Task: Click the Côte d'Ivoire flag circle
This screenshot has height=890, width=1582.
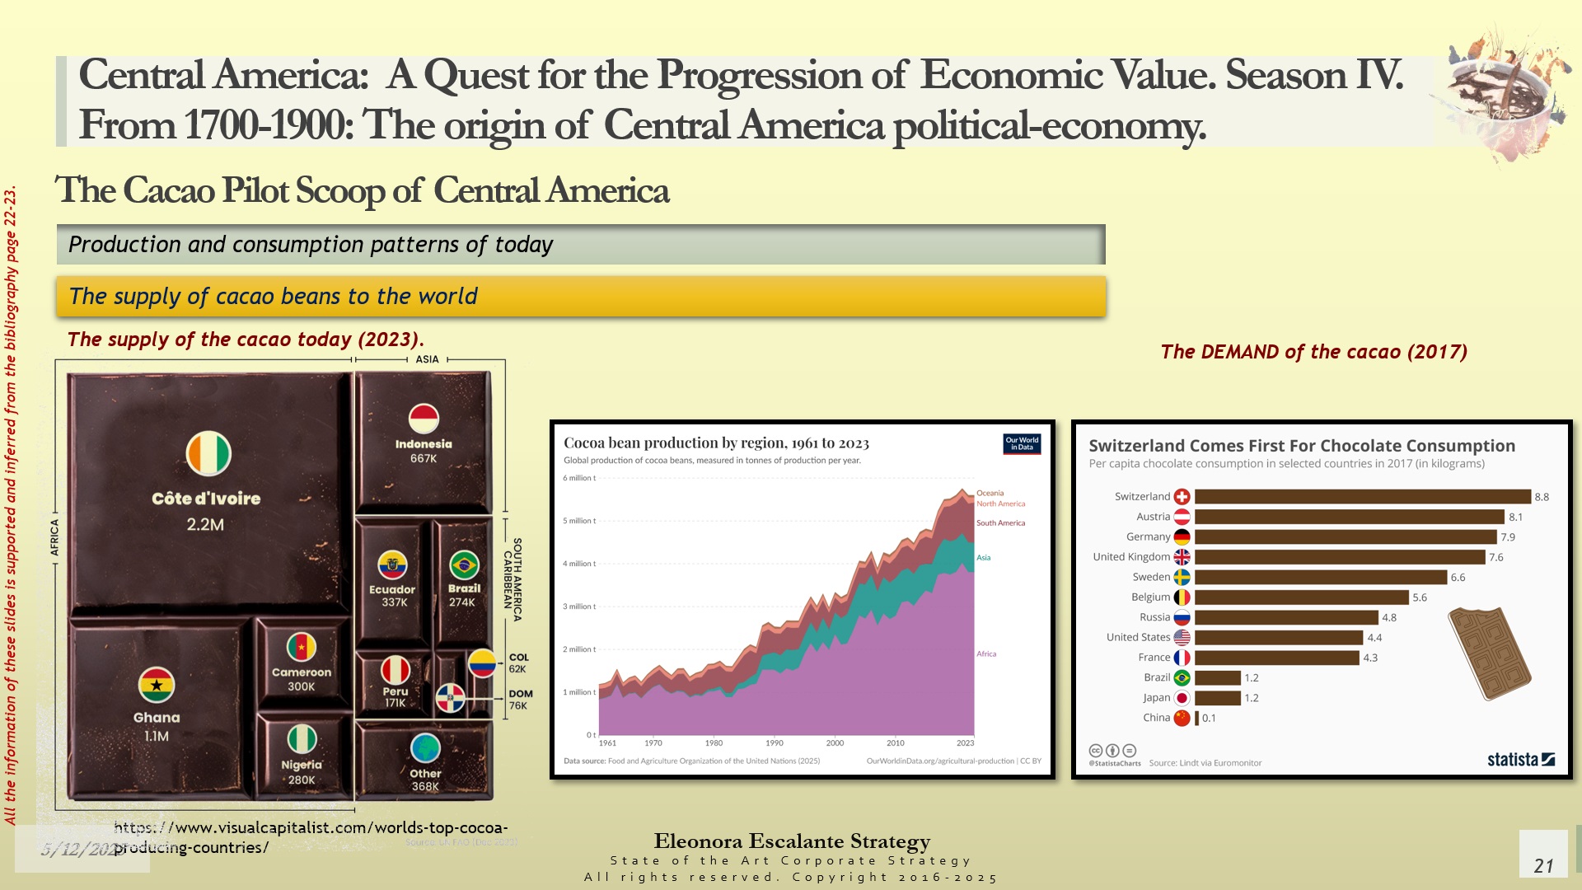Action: pyautogui.click(x=208, y=453)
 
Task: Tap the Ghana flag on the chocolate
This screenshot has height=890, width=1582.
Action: pyautogui.click(x=157, y=685)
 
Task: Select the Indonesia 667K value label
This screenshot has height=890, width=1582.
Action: pyautogui.click(x=424, y=459)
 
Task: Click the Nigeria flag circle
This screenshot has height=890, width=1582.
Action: pyautogui.click(x=302, y=738)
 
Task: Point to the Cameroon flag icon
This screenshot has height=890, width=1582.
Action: pyautogui.click(x=302, y=648)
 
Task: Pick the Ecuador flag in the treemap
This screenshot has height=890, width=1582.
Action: pyautogui.click(x=392, y=565)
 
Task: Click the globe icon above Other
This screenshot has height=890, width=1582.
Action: pyautogui.click(x=425, y=748)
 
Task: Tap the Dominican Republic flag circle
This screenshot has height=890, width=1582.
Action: pyautogui.click(x=450, y=697)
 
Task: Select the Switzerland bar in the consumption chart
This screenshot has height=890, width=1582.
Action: pyautogui.click(x=1362, y=497)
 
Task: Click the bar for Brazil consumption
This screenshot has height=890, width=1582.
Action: pyautogui.click(x=1217, y=677)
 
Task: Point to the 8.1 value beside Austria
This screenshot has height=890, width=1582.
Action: pyautogui.click(x=1515, y=518)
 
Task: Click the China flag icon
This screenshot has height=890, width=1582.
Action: pyautogui.click(x=1182, y=718)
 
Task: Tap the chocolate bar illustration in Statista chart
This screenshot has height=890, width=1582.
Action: pyautogui.click(x=1489, y=653)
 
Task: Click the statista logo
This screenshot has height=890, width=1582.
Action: pyautogui.click(x=1520, y=760)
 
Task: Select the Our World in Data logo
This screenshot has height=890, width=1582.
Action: pyautogui.click(x=1022, y=444)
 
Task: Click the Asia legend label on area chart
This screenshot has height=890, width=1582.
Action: pyautogui.click(x=984, y=558)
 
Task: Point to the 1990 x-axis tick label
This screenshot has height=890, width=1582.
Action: pyautogui.click(x=775, y=743)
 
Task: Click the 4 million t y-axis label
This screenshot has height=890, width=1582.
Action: pyautogui.click(x=578, y=564)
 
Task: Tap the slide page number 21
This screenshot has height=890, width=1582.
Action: pyautogui.click(x=1543, y=866)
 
